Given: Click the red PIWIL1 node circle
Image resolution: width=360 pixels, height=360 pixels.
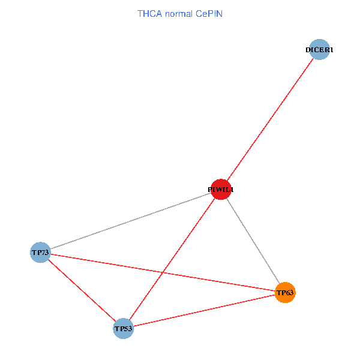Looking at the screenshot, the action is (x=221, y=190).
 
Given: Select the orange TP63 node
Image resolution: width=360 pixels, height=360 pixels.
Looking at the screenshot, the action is (x=285, y=293).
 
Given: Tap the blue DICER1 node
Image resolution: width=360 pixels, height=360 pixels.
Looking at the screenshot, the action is (x=320, y=50).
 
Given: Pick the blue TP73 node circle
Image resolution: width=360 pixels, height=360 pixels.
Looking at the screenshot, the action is (x=40, y=253).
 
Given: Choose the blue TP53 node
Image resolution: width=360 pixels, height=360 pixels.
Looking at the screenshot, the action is (x=123, y=328).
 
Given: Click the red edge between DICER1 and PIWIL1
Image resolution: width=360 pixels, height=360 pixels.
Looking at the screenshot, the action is (x=270, y=120).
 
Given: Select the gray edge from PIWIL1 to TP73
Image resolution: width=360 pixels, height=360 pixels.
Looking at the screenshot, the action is (x=131, y=221).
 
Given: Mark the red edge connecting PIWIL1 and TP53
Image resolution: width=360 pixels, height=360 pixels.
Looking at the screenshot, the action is (x=172, y=259).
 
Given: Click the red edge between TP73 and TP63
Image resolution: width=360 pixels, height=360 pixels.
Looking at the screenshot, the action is (x=108, y=264).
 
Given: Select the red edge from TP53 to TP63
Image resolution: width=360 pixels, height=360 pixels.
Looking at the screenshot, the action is (x=204, y=310).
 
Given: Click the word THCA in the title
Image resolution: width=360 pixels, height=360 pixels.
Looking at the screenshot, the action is (x=148, y=13).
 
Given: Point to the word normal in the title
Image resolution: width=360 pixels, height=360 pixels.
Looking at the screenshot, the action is (x=177, y=13).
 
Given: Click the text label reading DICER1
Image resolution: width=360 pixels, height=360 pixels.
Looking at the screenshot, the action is (x=319, y=50).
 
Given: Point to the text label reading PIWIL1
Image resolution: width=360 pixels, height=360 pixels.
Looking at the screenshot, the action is (x=220, y=190).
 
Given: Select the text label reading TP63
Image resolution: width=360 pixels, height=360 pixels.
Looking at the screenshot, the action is (x=285, y=293).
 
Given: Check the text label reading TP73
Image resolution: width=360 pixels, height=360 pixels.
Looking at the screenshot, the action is (x=40, y=253).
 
